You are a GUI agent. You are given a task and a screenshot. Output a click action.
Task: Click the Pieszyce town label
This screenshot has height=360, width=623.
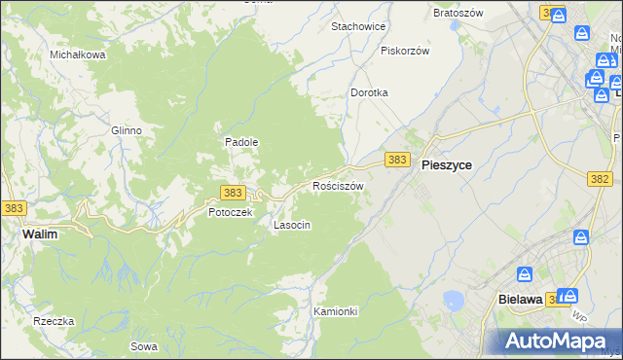point(447,165)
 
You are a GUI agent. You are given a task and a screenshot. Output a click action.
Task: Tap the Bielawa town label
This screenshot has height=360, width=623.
point(519,300)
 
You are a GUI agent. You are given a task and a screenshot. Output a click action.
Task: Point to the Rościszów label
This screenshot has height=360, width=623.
point(338,186)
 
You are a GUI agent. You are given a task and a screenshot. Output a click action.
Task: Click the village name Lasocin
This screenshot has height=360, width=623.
point(292,225)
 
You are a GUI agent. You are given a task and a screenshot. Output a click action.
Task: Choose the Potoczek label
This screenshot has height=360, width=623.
point(230,211)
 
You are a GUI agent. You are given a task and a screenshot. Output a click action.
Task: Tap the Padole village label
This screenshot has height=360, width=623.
point(241,141)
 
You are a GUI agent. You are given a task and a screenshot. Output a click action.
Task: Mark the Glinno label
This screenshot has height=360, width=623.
point(127,130)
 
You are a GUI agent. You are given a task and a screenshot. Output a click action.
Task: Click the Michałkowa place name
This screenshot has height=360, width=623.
point(78,54)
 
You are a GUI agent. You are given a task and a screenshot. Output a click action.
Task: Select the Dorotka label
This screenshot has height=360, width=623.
point(369,92)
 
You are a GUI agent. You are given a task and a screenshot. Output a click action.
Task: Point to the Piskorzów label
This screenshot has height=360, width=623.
point(405,51)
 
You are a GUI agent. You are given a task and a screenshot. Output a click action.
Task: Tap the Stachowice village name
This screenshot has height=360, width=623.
point(358,26)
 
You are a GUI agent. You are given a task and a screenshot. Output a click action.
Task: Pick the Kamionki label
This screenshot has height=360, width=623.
point(336,311)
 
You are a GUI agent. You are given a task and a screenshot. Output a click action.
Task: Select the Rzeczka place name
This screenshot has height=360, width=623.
point(54,321)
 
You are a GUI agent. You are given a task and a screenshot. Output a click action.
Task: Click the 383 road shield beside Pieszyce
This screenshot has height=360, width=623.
point(396,159)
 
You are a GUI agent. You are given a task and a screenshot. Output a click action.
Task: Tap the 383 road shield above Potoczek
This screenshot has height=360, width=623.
point(232,193)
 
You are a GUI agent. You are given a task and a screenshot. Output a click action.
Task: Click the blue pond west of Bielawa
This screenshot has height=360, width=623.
point(453,300)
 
